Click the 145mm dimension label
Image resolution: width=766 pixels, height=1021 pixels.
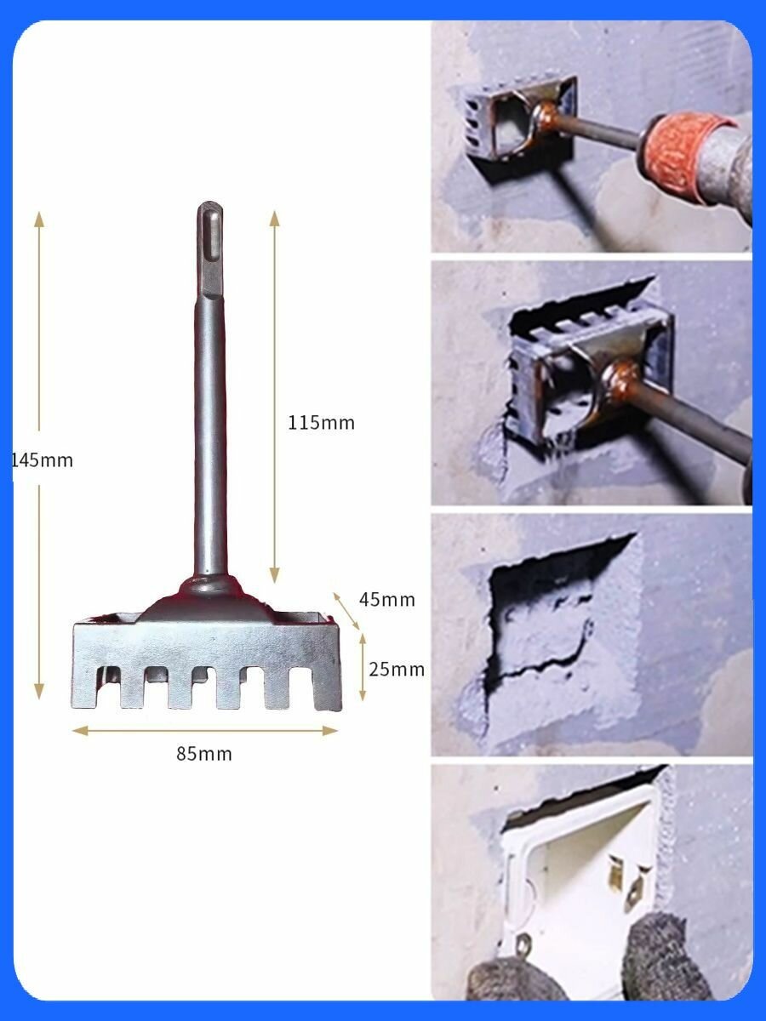coord(42,460)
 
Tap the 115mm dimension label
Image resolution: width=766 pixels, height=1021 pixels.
coord(322,423)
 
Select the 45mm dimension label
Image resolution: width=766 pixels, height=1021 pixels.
coord(387,600)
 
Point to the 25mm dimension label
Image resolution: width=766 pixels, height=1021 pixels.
coord(397,670)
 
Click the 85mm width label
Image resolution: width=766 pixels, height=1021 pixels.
coord(204,754)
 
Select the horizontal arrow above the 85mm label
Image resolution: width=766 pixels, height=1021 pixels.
coord(205,730)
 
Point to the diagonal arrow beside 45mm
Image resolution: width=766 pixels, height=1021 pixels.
coord(346,611)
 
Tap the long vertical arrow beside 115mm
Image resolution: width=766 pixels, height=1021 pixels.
coord(275,396)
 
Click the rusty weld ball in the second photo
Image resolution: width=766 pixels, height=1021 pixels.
coord(622,376)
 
